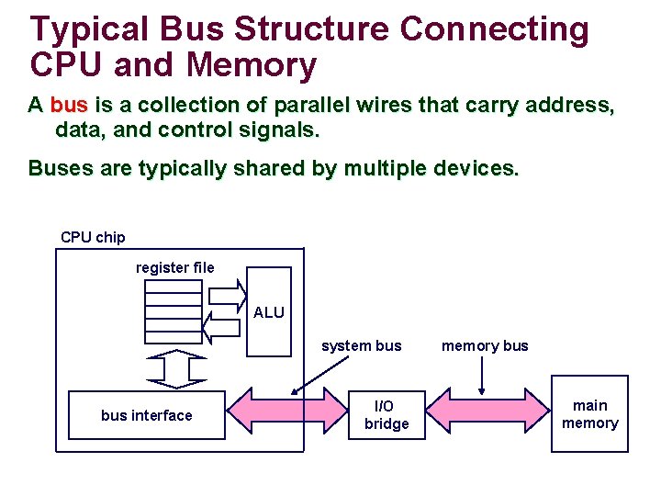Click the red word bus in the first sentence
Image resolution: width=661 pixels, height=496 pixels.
coord(69,106)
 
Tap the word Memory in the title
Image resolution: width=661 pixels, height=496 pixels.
coord(251,65)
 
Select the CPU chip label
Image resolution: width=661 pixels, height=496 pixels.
coord(93,237)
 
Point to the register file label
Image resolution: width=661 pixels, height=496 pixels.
coord(174,268)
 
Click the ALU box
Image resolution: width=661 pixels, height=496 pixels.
coord(269,312)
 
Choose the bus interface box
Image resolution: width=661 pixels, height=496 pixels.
coord(147,415)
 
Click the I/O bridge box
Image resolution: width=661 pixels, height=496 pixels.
coord(387,415)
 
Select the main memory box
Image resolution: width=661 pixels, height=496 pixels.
coord(589,414)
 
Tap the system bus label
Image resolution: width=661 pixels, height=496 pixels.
coord(361,346)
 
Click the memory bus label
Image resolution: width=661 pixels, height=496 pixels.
coord(485,346)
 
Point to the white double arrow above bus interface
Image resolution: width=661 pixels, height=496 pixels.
coord(175,369)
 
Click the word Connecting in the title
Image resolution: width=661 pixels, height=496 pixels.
coord(494,29)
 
